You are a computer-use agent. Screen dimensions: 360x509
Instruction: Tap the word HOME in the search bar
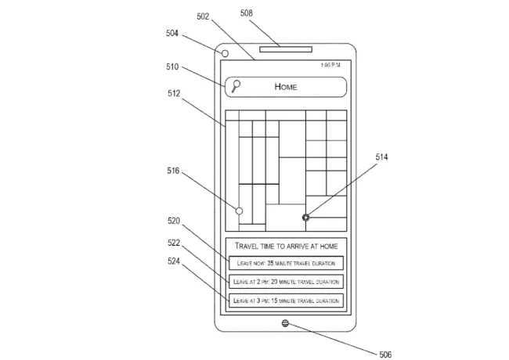[x=286, y=87]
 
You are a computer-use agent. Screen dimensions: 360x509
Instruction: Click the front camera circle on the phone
[x=225, y=53]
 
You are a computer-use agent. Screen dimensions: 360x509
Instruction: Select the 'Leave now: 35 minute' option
[x=286, y=264]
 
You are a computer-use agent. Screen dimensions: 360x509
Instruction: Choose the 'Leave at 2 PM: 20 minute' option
[x=286, y=282]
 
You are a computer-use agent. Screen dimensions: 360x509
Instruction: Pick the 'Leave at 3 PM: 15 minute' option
[x=286, y=301]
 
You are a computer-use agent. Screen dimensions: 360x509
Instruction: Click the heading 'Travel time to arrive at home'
[x=286, y=246]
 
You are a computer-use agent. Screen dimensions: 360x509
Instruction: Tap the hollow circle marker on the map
[x=239, y=211]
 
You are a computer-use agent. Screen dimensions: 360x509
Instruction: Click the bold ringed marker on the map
[x=305, y=217]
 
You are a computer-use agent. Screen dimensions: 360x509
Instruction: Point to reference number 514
[x=381, y=157]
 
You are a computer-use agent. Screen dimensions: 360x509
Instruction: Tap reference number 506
[x=384, y=354]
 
